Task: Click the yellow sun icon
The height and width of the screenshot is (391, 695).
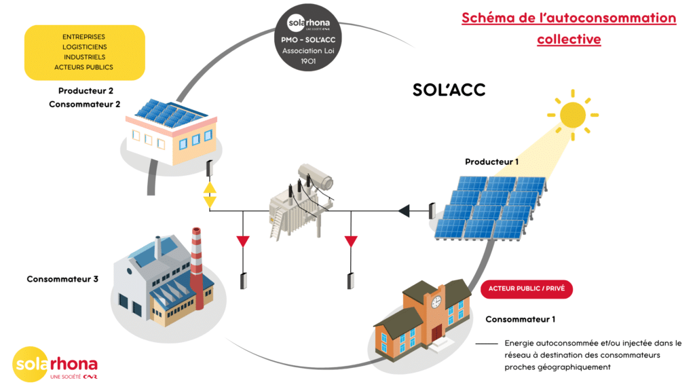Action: [573, 115]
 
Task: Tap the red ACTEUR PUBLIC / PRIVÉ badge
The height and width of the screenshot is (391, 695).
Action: [527, 288]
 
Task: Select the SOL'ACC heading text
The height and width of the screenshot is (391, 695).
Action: [449, 90]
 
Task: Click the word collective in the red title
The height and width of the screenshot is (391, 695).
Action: [569, 39]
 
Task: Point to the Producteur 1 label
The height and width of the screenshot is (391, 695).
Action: [491, 162]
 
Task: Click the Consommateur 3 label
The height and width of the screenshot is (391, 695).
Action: [62, 279]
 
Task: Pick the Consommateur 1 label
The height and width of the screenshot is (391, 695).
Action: [521, 319]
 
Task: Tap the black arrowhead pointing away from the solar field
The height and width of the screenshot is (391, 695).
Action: [404, 210]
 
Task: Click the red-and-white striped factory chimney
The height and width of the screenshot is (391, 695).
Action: [197, 267]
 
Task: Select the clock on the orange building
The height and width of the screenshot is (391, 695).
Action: [436, 302]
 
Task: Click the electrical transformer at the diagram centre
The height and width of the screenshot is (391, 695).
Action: [301, 202]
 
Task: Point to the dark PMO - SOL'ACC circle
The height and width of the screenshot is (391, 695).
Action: [308, 38]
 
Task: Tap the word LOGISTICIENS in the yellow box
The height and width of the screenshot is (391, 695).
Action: [85, 47]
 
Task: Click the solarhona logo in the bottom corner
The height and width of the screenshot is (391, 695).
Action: [55, 365]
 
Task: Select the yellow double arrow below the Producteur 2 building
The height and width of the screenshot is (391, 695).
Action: [210, 195]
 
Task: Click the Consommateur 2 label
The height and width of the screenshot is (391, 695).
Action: [85, 104]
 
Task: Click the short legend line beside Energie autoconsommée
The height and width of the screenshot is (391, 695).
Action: [487, 343]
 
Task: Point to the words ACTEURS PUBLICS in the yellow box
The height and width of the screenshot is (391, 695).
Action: [83, 67]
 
